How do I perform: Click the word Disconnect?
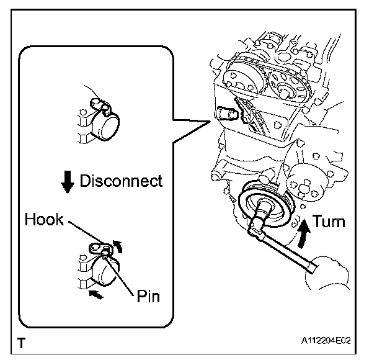click(120, 181)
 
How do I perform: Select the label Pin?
click(148, 295)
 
